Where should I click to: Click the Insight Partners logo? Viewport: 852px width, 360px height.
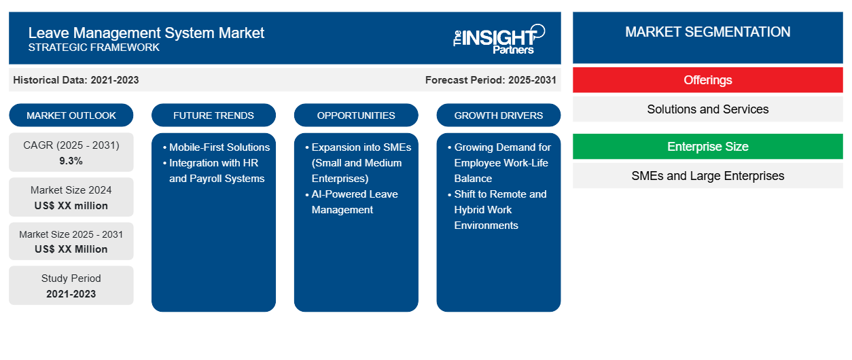coord(499,39)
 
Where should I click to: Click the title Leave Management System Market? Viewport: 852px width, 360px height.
coord(146,33)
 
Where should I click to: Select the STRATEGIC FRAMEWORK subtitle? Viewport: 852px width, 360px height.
coord(94,48)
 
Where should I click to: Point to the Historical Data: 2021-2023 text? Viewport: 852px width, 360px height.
coord(76,80)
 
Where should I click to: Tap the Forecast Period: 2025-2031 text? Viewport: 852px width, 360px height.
coord(491,80)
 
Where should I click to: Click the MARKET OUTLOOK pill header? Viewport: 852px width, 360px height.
coord(71,115)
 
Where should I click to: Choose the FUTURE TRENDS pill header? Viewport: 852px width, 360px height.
coord(213,115)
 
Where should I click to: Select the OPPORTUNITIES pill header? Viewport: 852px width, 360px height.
coord(356,115)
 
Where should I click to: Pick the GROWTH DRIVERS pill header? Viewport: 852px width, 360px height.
coord(498,115)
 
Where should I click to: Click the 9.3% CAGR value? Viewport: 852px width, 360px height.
coord(71,161)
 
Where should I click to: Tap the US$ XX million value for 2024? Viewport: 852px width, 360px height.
coord(71,206)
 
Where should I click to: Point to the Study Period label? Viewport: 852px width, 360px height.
coord(71,278)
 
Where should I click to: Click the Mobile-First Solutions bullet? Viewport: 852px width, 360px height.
coord(217,147)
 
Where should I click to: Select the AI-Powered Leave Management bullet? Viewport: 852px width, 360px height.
coord(352,202)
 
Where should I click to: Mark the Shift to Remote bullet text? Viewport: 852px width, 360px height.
coord(497,209)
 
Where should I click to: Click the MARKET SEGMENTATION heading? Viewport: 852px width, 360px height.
coord(708,32)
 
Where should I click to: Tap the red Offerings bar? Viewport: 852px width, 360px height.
coord(708,80)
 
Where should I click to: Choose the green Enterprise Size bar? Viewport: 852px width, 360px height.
coord(708,146)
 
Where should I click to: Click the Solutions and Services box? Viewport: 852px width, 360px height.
coord(708,109)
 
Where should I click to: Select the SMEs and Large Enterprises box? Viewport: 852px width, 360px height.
coord(708,176)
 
